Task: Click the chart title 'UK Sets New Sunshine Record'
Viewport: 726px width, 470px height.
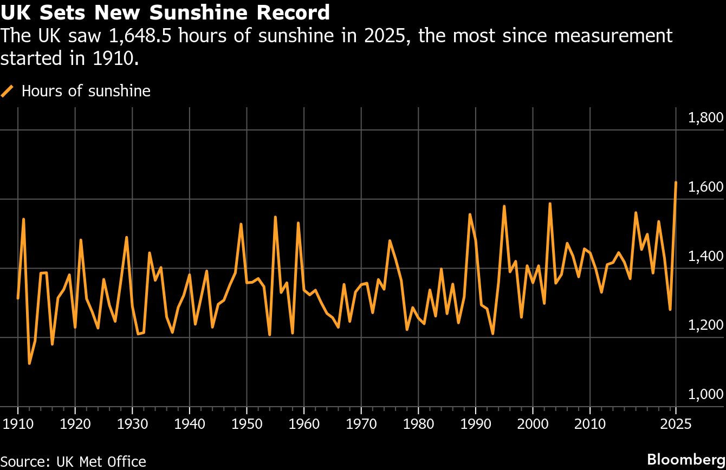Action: click(165, 12)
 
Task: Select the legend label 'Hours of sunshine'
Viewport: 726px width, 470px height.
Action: click(86, 91)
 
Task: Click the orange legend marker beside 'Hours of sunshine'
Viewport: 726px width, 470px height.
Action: click(8, 91)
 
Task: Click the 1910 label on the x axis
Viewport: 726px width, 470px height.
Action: click(18, 422)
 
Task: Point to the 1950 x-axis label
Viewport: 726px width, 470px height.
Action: click(247, 422)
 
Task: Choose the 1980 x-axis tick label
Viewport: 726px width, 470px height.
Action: click(418, 422)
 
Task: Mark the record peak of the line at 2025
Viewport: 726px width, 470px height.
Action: click(676, 182)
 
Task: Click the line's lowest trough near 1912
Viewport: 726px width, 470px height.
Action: click(29, 363)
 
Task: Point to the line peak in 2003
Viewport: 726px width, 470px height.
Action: click(550, 204)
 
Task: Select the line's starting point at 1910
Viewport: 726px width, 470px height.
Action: click(18, 298)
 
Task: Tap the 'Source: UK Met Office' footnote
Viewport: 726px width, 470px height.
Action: click(73, 461)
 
